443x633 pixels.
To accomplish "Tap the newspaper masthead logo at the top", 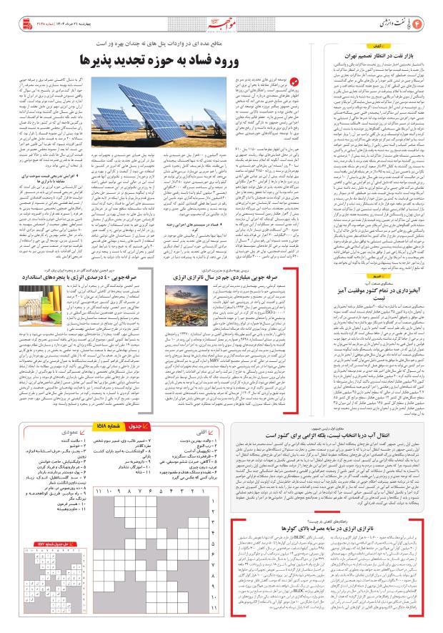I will point(221,23).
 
